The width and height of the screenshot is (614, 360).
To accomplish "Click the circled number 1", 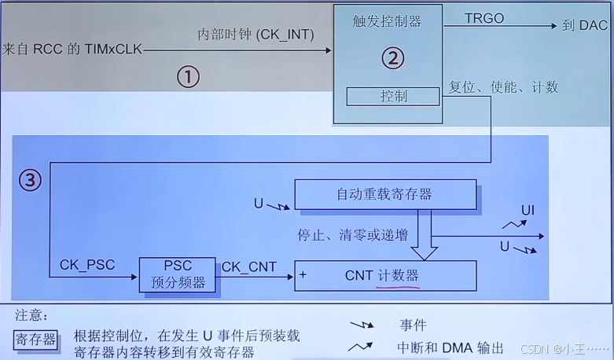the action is [187, 76].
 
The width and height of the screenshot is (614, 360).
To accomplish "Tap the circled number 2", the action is [392, 57].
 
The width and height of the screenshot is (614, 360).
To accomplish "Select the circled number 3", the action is [29, 181].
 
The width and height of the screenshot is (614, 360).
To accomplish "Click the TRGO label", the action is [483, 18].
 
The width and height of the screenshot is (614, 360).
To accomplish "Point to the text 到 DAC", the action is [584, 25].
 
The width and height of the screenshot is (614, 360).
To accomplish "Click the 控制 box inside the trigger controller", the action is [393, 97].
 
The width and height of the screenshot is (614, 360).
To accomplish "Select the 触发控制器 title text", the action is [387, 22].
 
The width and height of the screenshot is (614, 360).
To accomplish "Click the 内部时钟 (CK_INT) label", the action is [256, 35].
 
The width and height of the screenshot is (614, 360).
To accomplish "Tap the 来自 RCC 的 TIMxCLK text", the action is [72, 49].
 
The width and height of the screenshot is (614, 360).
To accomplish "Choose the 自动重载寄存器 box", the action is [385, 194].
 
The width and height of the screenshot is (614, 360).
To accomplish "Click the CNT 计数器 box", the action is [385, 275].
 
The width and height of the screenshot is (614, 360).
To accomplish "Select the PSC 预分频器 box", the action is [178, 274].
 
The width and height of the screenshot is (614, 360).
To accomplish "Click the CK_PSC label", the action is [87, 265].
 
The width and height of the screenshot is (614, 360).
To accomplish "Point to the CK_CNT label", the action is [249, 266].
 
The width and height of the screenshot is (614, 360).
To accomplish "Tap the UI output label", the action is [528, 210].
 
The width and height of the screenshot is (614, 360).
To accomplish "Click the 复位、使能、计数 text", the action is [503, 86].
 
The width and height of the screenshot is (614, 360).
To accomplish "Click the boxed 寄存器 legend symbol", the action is [36, 340].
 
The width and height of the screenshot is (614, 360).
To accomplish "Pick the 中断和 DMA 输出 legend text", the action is [450, 347].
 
